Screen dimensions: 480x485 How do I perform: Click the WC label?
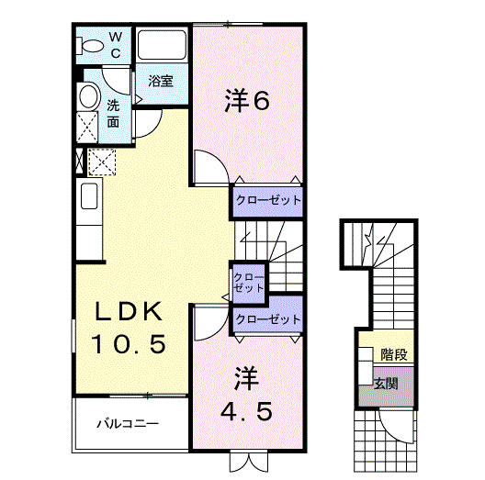click(x=116, y=45)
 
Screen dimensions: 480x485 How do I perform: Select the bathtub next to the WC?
click(x=162, y=46)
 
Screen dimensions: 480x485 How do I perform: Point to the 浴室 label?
click(x=162, y=81)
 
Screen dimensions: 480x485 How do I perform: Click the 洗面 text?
click(x=113, y=112)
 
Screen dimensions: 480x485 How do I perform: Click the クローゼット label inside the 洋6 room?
click(x=266, y=199)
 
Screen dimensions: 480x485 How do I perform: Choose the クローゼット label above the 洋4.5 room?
click(x=267, y=319)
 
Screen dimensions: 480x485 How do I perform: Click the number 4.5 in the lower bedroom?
click(x=246, y=411)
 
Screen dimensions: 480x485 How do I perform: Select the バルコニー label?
click(x=130, y=425)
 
